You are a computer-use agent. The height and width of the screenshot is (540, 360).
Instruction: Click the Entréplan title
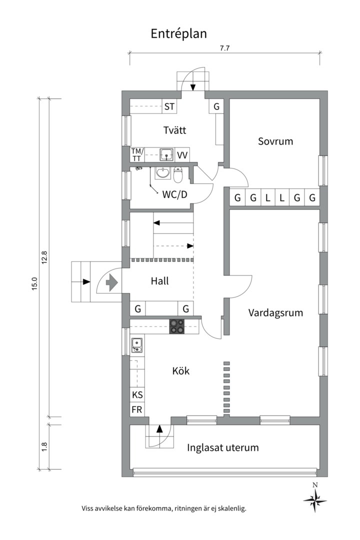pyautogui.click(x=179, y=33)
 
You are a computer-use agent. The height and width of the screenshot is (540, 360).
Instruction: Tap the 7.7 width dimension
pyautogui.click(x=224, y=48)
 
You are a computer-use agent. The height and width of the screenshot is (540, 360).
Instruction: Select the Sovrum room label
pyautogui.click(x=275, y=141)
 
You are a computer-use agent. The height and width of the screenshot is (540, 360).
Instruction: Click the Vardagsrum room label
pyautogui.click(x=275, y=313)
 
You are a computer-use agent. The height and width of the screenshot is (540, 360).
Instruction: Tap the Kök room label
pyautogui.click(x=181, y=371)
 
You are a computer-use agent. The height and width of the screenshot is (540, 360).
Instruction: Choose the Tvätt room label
pyautogui.click(x=175, y=130)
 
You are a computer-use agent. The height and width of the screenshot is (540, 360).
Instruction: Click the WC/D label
pyautogui.click(x=175, y=194)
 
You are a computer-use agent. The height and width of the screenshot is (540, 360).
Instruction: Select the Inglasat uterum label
pyautogui.click(x=223, y=447)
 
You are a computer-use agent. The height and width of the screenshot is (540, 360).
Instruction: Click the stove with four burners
pyautogui.click(x=176, y=326)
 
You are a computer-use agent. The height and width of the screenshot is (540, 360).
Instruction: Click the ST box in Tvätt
pyautogui.click(x=169, y=106)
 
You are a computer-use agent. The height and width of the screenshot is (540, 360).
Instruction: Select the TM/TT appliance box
pyautogui.click(x=137, y=154)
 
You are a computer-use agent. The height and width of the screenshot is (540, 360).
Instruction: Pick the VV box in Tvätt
pyautogui.click(x=182, y=155)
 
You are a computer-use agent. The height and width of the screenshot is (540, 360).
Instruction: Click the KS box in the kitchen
pyautogui.click(x=137, y=394)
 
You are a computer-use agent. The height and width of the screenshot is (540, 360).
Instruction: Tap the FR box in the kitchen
pyautogui.click(x=137, y=410)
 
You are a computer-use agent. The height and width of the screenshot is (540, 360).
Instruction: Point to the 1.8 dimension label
pyautogui.click(x=44, y=446)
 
